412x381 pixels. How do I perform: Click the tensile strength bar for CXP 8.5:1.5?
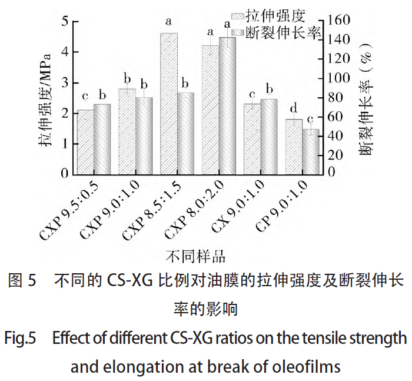tap(168, 104)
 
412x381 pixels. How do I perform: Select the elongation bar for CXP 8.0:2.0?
tap(227, 106)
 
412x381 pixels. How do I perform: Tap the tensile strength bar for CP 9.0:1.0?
tap(294, 147)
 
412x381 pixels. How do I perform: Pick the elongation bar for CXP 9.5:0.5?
tap(102, 139)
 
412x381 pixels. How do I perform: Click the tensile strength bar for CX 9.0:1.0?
tap(252, 139)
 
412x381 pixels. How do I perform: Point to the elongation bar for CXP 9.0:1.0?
tap(144, 135)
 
